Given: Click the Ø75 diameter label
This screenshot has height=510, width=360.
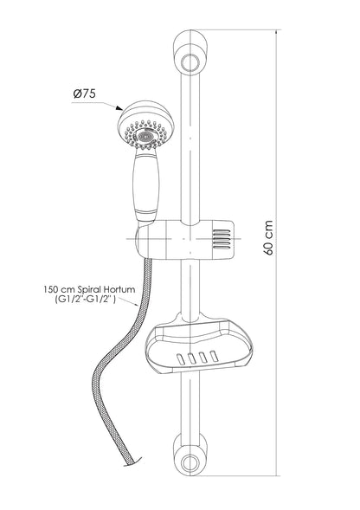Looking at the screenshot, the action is click(85, 94).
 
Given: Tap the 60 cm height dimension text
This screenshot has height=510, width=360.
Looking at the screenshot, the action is click(268, 237).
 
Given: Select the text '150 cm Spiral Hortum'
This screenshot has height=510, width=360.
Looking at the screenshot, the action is click(89, 289).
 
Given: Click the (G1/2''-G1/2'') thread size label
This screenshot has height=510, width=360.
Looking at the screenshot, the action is click(85, 299).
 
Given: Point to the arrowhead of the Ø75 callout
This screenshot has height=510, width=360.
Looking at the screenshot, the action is click(119, 107).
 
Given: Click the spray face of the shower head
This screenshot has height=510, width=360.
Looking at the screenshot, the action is click(145, 135).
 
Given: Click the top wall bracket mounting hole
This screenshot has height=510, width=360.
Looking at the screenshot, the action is click(190, 62).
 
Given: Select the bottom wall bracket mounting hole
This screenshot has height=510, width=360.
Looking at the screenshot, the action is click(190, 462).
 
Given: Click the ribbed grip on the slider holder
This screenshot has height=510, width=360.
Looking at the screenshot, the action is click(222, 239).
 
